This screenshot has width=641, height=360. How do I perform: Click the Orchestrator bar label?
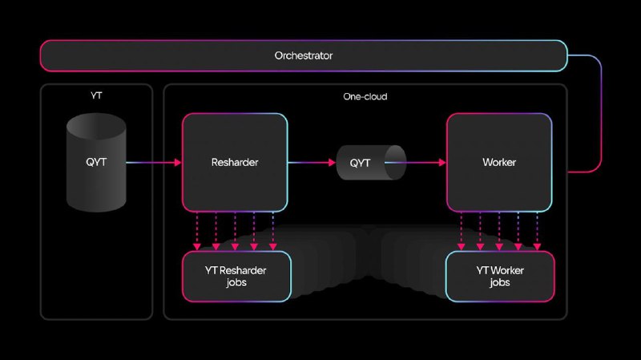click(304, 56)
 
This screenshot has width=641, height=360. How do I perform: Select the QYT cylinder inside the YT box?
click(96, 164)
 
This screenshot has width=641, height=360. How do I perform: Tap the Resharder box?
click(235, 163)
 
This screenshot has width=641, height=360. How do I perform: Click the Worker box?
click(499, 163)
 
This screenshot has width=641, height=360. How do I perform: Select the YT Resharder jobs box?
click(235, 277)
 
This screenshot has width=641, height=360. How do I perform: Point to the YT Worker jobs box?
click(499, 277)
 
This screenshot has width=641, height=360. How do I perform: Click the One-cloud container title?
click(365, 96)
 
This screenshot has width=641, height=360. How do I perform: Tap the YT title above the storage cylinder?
click(96, 95)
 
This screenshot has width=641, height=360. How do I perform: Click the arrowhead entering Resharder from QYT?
click(178, 163)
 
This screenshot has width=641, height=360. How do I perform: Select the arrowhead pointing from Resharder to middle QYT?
click(332, 163)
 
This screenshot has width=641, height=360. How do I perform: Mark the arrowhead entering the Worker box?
click(441, 163)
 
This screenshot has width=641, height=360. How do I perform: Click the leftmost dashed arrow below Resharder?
click(196, 233)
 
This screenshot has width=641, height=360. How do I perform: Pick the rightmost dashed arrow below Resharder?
click(273, 233)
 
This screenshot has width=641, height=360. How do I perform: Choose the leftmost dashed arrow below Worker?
click(461, 233)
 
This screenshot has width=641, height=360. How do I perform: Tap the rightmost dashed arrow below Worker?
click(538, 233)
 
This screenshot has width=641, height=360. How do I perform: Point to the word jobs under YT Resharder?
click(235, 283)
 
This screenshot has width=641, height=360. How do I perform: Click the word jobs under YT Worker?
click(499, 283)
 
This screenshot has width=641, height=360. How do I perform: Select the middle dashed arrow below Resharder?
click(235, 233)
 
